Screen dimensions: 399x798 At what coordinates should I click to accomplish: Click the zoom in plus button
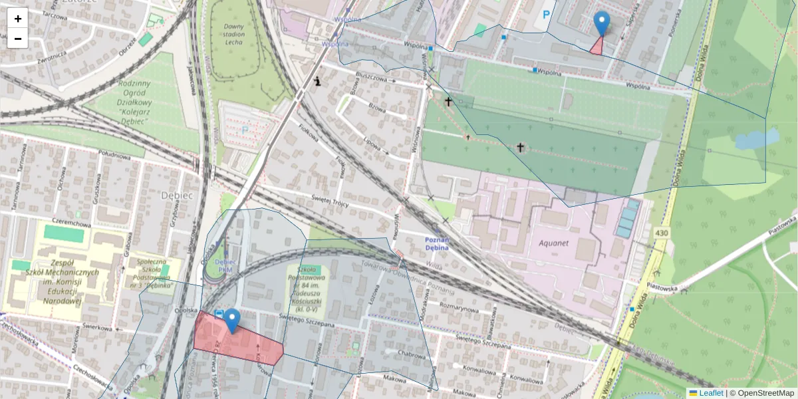pyautogui.click(x=18, y=19)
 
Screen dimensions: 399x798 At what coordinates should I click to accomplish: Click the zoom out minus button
pyautogui.click(x=18, y=39)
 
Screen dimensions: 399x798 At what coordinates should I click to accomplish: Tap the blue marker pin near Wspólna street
pyautogui.click(x=601, y=23)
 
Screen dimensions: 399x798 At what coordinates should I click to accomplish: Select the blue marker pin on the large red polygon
pyautogui.click(x=231, y=321)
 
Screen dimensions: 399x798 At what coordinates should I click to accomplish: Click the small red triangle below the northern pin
pyautogui.click(x=597, y=47)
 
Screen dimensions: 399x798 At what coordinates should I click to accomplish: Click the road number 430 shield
pyautogui.click(x=660, y=233)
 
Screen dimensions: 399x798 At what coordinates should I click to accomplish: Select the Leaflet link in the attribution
pyautogui.click(x=710, y=393)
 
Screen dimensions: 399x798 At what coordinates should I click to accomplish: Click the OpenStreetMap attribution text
pyautogui.click(x=761, y=393)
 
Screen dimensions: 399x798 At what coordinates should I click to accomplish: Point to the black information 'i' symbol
pyautogui.click(x=319, y=82)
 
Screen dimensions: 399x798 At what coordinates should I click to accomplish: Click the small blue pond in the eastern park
pyautogui.click(x=756, y=140)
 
